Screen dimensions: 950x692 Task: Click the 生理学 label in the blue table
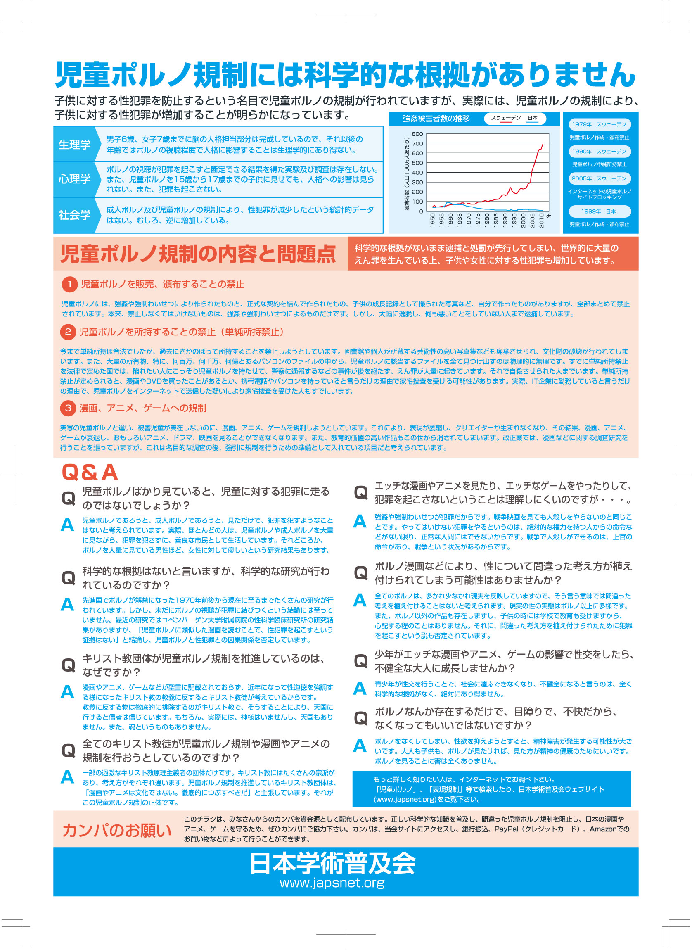(74, 145)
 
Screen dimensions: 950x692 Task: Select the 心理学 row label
(74, 179)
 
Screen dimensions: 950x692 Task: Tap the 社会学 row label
(74, 215)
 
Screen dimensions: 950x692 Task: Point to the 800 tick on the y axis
(417, 134)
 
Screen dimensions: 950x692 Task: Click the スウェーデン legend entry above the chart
(505, 118)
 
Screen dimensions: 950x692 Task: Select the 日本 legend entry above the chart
(532, 118)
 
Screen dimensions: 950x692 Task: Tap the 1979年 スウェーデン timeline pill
(599, 124)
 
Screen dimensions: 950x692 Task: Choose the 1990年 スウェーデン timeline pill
(599, 151)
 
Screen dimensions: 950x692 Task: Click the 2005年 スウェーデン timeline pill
(599, 178)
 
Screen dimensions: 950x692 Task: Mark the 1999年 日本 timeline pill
(599, 211)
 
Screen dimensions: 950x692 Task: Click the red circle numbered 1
(69, 284)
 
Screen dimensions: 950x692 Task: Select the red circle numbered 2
(68, 332)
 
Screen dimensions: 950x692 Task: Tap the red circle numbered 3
(68, 408)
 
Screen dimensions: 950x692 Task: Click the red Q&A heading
(90, 472)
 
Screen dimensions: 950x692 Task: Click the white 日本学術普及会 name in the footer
(332, 864)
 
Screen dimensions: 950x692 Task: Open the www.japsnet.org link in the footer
(332, 883)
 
